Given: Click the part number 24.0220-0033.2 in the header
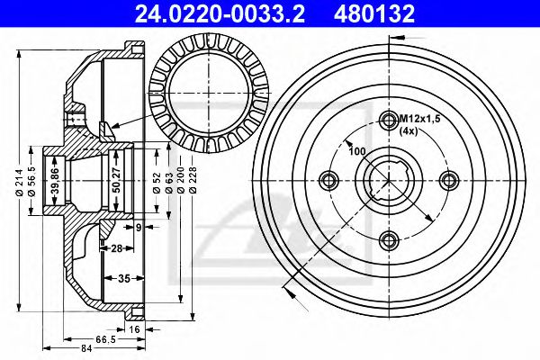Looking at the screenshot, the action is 220,13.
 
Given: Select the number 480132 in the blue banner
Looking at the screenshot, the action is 374,13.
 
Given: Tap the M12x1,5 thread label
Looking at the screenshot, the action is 419,119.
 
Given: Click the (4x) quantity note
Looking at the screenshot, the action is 409,130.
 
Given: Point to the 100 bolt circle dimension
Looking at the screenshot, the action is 356,151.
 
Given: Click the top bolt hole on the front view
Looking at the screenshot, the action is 389,120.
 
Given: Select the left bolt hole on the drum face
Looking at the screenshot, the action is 328,180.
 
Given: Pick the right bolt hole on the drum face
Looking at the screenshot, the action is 450,180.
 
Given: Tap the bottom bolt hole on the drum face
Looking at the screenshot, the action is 389,240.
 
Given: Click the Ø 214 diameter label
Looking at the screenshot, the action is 19,183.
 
